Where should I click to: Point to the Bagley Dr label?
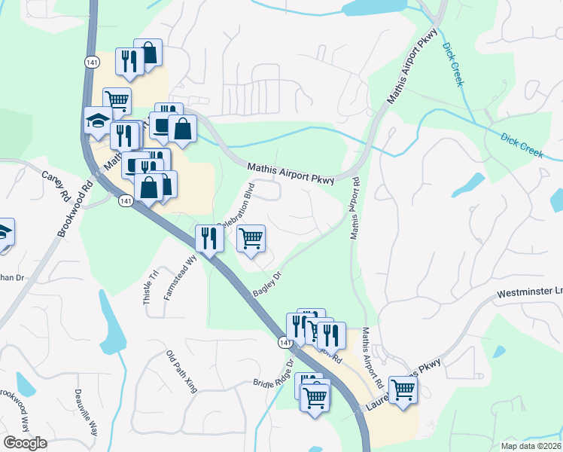tap(267, 285)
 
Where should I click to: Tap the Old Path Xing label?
tap(181, 371)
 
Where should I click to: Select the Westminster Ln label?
tap(530, 292)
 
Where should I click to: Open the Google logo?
tap(25, 443)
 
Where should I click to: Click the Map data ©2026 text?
tap(530, 446)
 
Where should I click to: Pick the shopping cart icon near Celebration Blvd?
tap(251, 238)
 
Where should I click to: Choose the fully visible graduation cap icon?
tap(98, 121)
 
